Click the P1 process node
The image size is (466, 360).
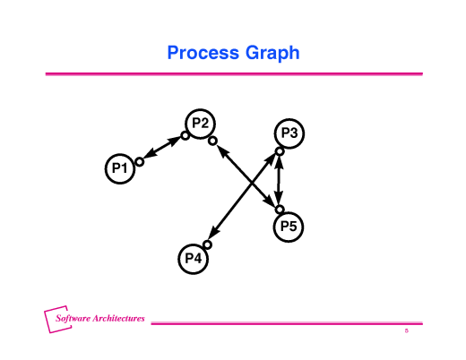pos(120,168)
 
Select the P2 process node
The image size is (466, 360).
pos(200,124)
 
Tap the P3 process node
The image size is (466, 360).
pos(289,133)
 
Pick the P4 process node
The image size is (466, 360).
pos(194,259)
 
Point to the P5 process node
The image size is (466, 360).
pos(289,227)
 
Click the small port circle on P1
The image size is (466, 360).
pos(140,162)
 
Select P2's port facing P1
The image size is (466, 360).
pos(186,136)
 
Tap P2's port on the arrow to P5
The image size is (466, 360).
pos(212,141)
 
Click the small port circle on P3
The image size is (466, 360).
pos(280,151)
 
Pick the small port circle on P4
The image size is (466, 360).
pos(207,244)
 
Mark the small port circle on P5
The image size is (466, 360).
pos(280,210)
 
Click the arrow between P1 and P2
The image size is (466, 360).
pos(162,149)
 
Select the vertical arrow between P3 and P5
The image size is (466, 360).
pos(279,180)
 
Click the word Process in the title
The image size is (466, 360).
pos(203,53)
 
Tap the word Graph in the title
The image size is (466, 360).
pos(272,54)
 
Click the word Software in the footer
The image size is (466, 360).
pos(73,318)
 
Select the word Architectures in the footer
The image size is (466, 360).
pos(118,318)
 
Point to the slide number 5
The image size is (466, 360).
pos(407,330)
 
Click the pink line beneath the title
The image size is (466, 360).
pos(234,73)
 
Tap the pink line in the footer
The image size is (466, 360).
pos(287,323)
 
